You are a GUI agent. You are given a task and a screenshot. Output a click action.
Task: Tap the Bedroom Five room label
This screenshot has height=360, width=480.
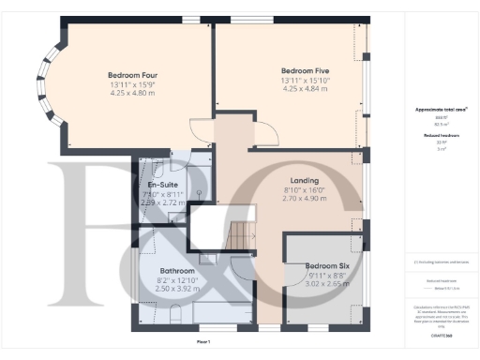(x=305, y=70)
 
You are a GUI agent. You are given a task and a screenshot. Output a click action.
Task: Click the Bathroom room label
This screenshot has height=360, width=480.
(x=176, y=271)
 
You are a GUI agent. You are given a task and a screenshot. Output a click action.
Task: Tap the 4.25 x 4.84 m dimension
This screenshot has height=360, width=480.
(x=305, y=88)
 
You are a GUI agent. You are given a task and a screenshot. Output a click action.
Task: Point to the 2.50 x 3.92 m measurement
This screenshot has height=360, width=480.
(x=176, y=289)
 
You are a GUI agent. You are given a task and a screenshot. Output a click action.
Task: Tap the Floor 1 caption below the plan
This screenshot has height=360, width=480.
(x=203, y=342)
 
